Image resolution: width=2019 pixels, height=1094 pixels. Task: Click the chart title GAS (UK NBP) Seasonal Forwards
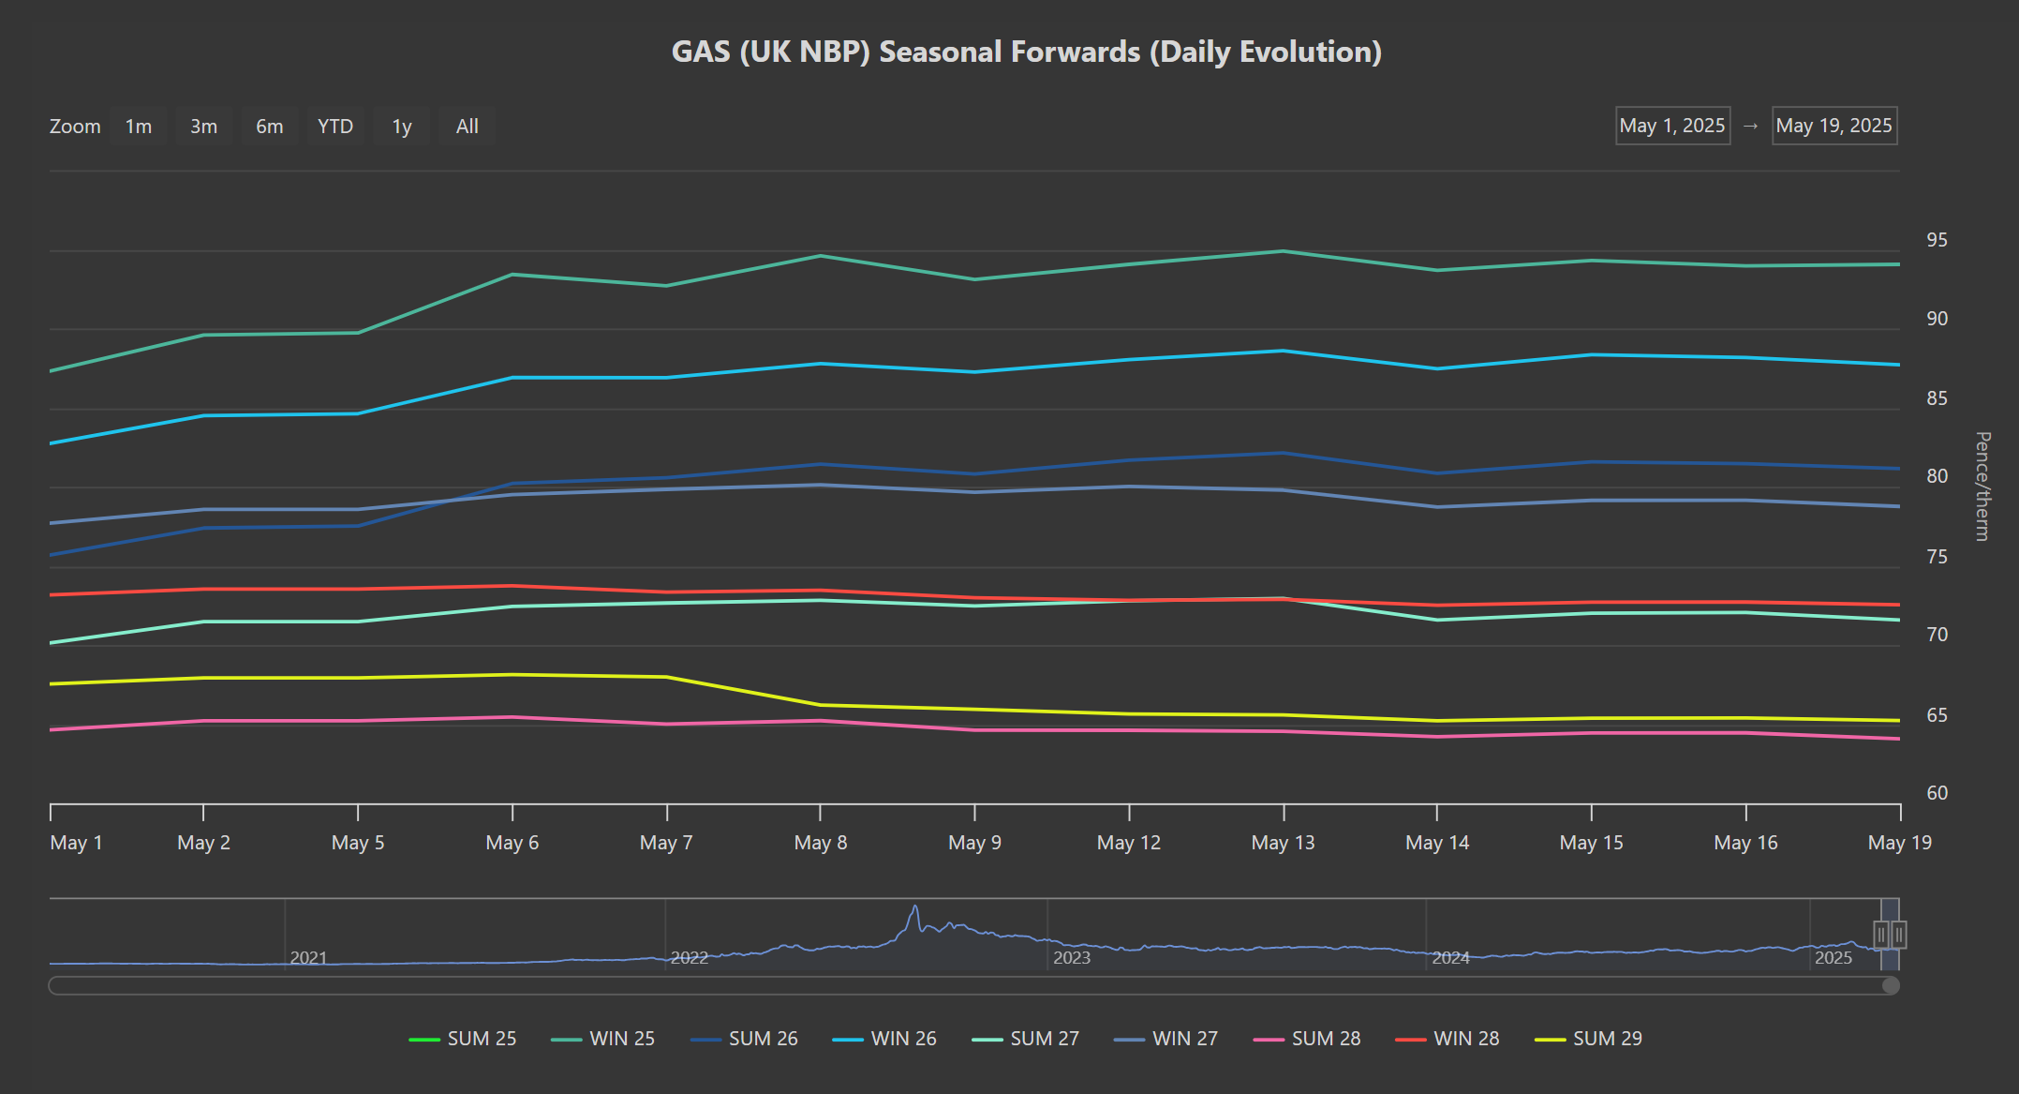(1027, 52)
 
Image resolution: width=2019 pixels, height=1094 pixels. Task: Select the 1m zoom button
(139, 127)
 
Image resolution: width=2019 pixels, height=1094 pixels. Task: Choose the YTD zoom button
(335, 127)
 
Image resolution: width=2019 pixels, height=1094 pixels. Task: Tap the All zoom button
(467, 127)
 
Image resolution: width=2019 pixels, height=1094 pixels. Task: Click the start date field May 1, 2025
(1672, 126)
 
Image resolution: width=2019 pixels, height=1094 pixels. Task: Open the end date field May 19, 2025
(1834, 126)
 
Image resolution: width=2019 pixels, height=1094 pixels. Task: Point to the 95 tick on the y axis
(1937, 240)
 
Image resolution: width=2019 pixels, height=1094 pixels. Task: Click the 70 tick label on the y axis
(1937, 635)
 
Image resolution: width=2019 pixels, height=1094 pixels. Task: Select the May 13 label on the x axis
(1283, 843)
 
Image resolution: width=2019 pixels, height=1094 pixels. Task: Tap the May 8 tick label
(821, 843)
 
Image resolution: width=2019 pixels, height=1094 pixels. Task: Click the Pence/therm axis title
(1982, 486)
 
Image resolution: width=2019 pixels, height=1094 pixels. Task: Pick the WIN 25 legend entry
(603, 1039)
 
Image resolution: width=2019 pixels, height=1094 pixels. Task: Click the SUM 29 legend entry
(1588, 1039)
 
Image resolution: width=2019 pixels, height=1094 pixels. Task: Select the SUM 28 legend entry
(1307, 1039)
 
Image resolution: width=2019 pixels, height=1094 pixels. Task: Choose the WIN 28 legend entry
(1447, 1039)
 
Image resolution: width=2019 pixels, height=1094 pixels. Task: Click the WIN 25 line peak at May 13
(1284, 251)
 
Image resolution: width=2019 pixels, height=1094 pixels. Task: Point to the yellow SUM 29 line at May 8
(821, 705)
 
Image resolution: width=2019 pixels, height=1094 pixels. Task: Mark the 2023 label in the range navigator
(1072, 957)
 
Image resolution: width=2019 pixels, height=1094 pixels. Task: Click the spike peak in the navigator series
(915, 907)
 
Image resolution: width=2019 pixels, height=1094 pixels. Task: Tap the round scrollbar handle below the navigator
(1891, 985)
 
